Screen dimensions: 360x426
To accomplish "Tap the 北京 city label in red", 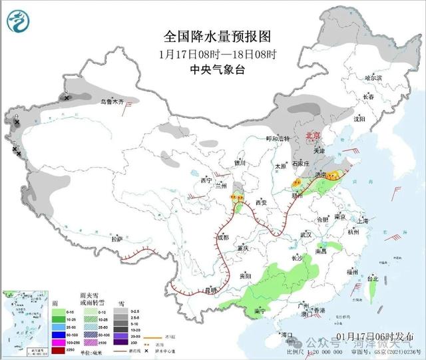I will [x=313, y=135].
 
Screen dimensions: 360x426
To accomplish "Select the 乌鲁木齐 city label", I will [x=108, y=102].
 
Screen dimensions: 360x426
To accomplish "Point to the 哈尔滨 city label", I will [x=373, y=78].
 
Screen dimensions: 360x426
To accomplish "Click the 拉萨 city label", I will [x=117, y=238].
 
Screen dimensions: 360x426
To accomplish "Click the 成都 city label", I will [x=222, y=237].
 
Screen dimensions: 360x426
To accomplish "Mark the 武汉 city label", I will [x=306, y=235].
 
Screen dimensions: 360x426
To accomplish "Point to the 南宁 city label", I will [x=260, y=311].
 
